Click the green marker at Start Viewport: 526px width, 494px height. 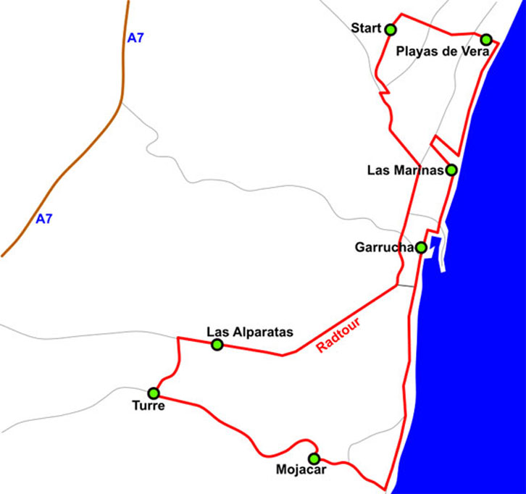391,30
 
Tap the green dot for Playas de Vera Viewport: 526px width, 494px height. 486,39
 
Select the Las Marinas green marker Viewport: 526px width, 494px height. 451,170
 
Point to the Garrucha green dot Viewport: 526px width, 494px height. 421,248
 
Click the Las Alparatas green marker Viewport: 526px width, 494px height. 217,344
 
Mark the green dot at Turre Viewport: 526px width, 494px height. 154,393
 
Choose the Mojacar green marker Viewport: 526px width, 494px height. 314,459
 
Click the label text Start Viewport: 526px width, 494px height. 365,28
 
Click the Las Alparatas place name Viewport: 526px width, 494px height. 249,332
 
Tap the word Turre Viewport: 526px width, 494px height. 149,406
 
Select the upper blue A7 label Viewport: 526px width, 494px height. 135,38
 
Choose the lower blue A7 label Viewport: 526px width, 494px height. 44,219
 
